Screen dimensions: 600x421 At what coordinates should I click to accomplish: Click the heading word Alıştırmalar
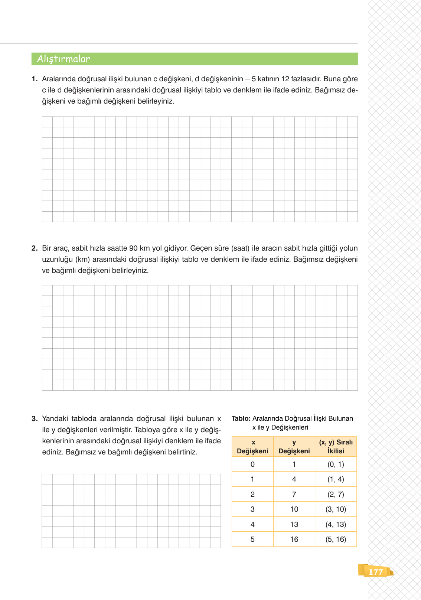coord(63,59)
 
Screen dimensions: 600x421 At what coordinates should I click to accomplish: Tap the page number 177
coord(375,572)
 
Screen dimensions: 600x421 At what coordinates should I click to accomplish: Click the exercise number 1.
coord(35,79)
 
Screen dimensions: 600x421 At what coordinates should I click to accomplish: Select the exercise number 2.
coord(35,248)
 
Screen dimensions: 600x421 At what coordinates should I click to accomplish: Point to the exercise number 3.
coord(35,419)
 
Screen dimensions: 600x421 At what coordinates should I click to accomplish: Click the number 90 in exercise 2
coord(133,248)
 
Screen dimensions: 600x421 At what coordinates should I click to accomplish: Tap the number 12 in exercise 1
coord(285,79)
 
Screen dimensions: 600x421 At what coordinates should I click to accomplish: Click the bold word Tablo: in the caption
coord(241,418)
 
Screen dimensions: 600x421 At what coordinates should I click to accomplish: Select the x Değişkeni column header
coord(252,447)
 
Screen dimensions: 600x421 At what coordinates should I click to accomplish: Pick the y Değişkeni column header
coord(294,447)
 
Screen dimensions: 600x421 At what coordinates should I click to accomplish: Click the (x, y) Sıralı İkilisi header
coord(336,447)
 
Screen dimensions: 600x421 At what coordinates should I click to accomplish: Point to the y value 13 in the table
coord(294,524)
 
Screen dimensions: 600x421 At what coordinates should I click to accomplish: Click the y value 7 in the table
coord(294,494)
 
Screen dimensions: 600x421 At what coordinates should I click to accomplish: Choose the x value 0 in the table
coord(252,464)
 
